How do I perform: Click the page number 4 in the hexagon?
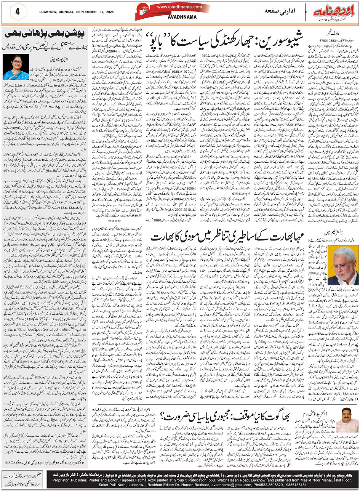pyautogui.click(x=18, y=11)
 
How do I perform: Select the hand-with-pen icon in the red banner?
pyautogui.click(x=146, y=11)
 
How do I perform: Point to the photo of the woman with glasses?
pyautogui.click(x=16, y=66)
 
